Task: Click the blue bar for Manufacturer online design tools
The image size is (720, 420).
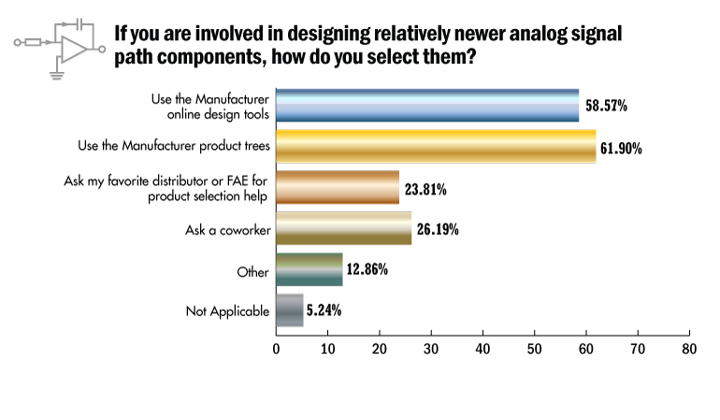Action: click(427, 106)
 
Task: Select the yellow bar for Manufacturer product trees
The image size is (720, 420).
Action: click(436, 147)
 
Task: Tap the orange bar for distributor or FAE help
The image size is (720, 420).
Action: click(338, 187)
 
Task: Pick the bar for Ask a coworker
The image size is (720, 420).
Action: click(343, 228)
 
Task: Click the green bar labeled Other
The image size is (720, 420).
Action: click(310, 269)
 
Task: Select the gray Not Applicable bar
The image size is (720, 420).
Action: click(290, 311)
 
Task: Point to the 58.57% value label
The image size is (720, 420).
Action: click(605, 107)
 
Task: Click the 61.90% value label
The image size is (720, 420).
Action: click(622, 148)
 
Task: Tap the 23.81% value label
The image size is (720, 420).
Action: click(425, 189)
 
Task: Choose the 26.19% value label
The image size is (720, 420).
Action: click(437, 229)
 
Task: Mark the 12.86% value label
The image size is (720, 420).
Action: click(368, 270)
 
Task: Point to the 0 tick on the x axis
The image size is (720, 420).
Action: click(277, 348)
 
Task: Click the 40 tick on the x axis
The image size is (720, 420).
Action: click(482, 348)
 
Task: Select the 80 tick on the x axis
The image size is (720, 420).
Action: click(688, 348)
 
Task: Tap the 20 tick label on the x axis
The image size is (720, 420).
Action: click(380, 348)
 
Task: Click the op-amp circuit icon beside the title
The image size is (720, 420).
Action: click(58, 42)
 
